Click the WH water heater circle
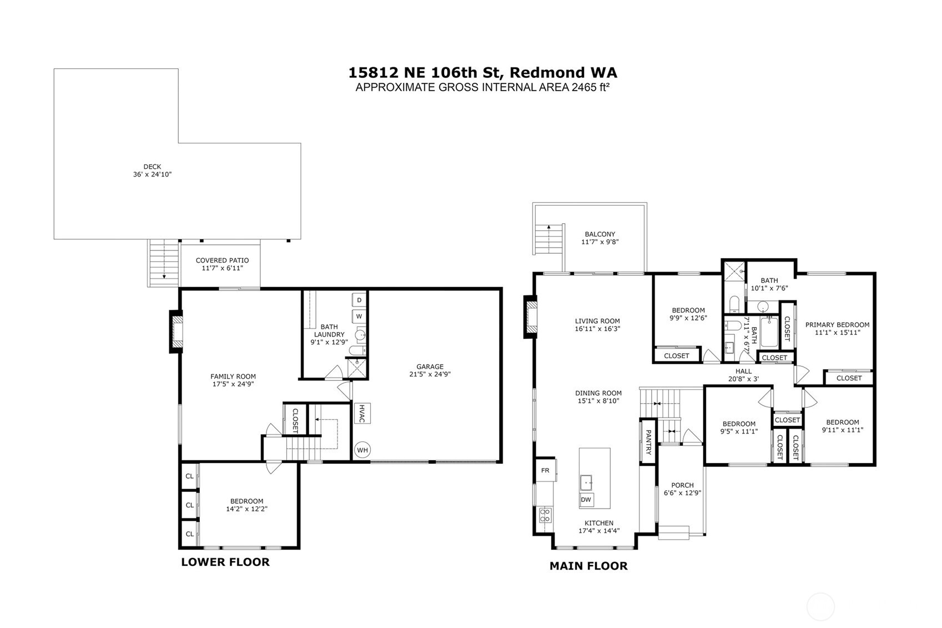(x=362, y=450)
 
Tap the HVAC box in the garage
(x=362, y=413)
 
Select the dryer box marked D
(x=359, y=300)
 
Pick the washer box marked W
(x=359, y=316)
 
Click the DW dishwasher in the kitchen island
(x=586, y=500)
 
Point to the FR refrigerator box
(x=546, y=470)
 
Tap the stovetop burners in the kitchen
(x=545, y=515)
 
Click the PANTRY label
(x=648, y=442)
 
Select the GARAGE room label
(x=430, y=366)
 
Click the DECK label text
(x=152, y=167)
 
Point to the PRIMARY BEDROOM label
(x=837, y=325)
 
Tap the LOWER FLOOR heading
(x=225, y=562)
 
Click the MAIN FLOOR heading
(x=588, y=566)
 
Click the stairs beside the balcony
(x=549, y=238)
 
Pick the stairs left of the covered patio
(x=164, y=263)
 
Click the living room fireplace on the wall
(x=531, y=316)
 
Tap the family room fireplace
(x=176, y=331)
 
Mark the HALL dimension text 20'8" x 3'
(x=743, y=379)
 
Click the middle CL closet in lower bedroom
(x=190, y=505)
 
